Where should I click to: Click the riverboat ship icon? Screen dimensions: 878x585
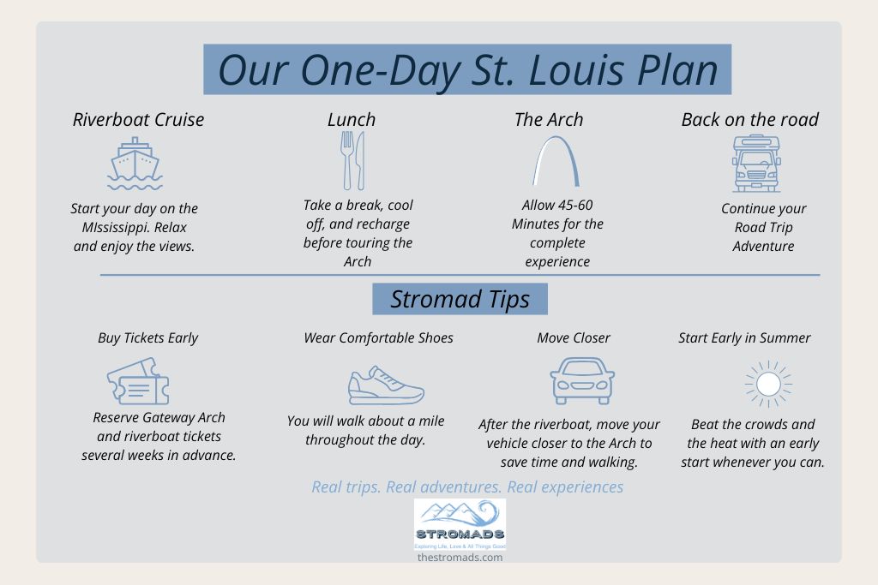pos(135,164)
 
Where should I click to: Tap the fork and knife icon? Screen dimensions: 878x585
pos(352,160)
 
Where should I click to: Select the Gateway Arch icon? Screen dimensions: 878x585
pos(556,162)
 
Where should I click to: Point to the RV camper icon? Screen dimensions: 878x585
pos(756,164)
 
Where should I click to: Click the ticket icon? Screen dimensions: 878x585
pos(138,381)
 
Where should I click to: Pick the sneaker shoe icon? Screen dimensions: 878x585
pos(386,385)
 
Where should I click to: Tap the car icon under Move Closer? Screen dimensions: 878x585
pos(582,381)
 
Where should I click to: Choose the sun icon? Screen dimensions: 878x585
pos(768,384)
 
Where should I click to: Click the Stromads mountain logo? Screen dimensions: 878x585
pos(460,524)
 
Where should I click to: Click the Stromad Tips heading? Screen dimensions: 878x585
pos(460,299)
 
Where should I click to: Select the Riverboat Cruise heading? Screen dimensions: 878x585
pos(138,120)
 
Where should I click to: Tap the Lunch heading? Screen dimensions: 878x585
pos(352,120)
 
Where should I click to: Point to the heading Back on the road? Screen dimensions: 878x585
pos(749,120)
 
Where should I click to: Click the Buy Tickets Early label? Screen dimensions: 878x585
pos(147,338)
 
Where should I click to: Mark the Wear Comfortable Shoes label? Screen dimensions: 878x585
pos(378,337)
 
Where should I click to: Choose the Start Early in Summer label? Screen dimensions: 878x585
pos(744,337)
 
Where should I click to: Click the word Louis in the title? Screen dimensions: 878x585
pos(576,71)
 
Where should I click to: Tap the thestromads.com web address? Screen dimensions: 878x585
pos(460,557)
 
